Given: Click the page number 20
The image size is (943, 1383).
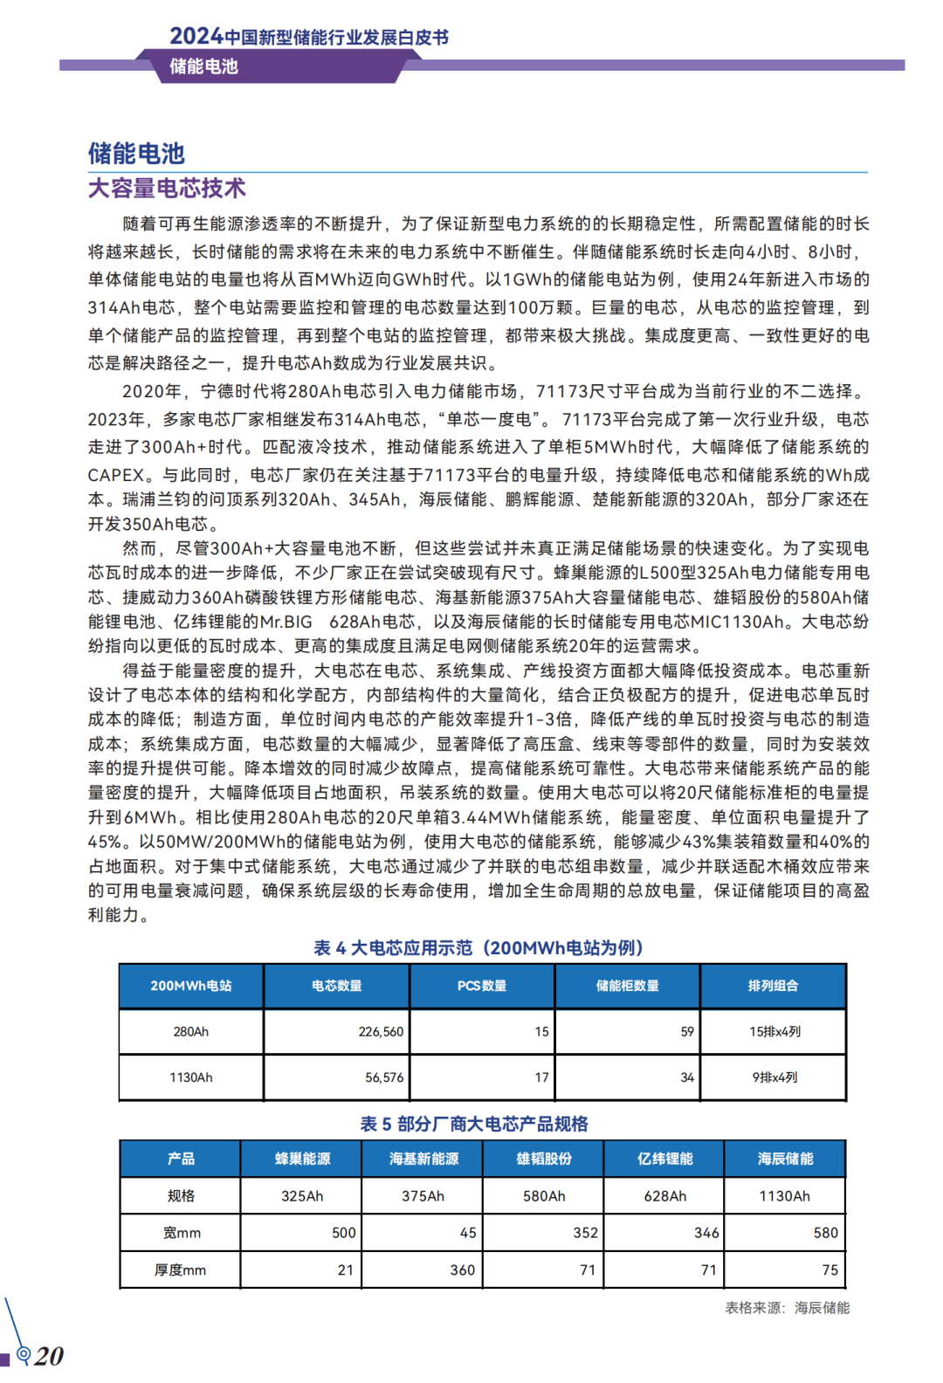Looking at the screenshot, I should (x=49, y=1356).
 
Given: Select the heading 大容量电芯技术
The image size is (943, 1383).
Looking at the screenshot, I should (x=167, y=189).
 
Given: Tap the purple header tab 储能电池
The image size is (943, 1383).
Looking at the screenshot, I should (x=203, y=66).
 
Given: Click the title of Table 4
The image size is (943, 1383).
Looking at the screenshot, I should (x=478, y=948).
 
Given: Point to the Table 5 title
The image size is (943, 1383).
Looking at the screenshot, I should (x=474, y=1124).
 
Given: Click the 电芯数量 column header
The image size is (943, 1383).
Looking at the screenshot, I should (x=337, y=986).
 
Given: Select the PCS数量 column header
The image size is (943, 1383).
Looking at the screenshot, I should (x=482, y=986).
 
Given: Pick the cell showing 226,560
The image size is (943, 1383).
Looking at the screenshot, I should (x=381, y=1032).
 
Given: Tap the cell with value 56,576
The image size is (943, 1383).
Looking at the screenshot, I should (x=384, y=1077).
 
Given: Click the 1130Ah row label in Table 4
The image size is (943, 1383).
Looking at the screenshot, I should (x=191, y=1077).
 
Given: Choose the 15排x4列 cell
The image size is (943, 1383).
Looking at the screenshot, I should (x=774, y=1032).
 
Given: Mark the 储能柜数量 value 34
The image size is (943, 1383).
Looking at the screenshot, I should (x=687, y=1077).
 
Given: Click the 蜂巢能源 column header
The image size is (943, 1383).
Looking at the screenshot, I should (x=302, y=1159).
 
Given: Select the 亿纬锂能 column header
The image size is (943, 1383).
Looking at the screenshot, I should (x=665, y=1159).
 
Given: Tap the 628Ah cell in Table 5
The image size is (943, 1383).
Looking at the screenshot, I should (x=665, y=1196).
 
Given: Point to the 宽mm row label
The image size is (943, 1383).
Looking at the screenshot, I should (x=182, y=1233).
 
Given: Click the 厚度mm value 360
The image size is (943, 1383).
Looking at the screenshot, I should (x=463, y=1270).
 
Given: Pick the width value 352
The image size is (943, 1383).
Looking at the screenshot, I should (x=586, y=1233).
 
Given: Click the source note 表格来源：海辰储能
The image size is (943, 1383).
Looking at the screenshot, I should (x=787, y=1308).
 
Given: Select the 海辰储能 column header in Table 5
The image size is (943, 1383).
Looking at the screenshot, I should (x=786, y=1159).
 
